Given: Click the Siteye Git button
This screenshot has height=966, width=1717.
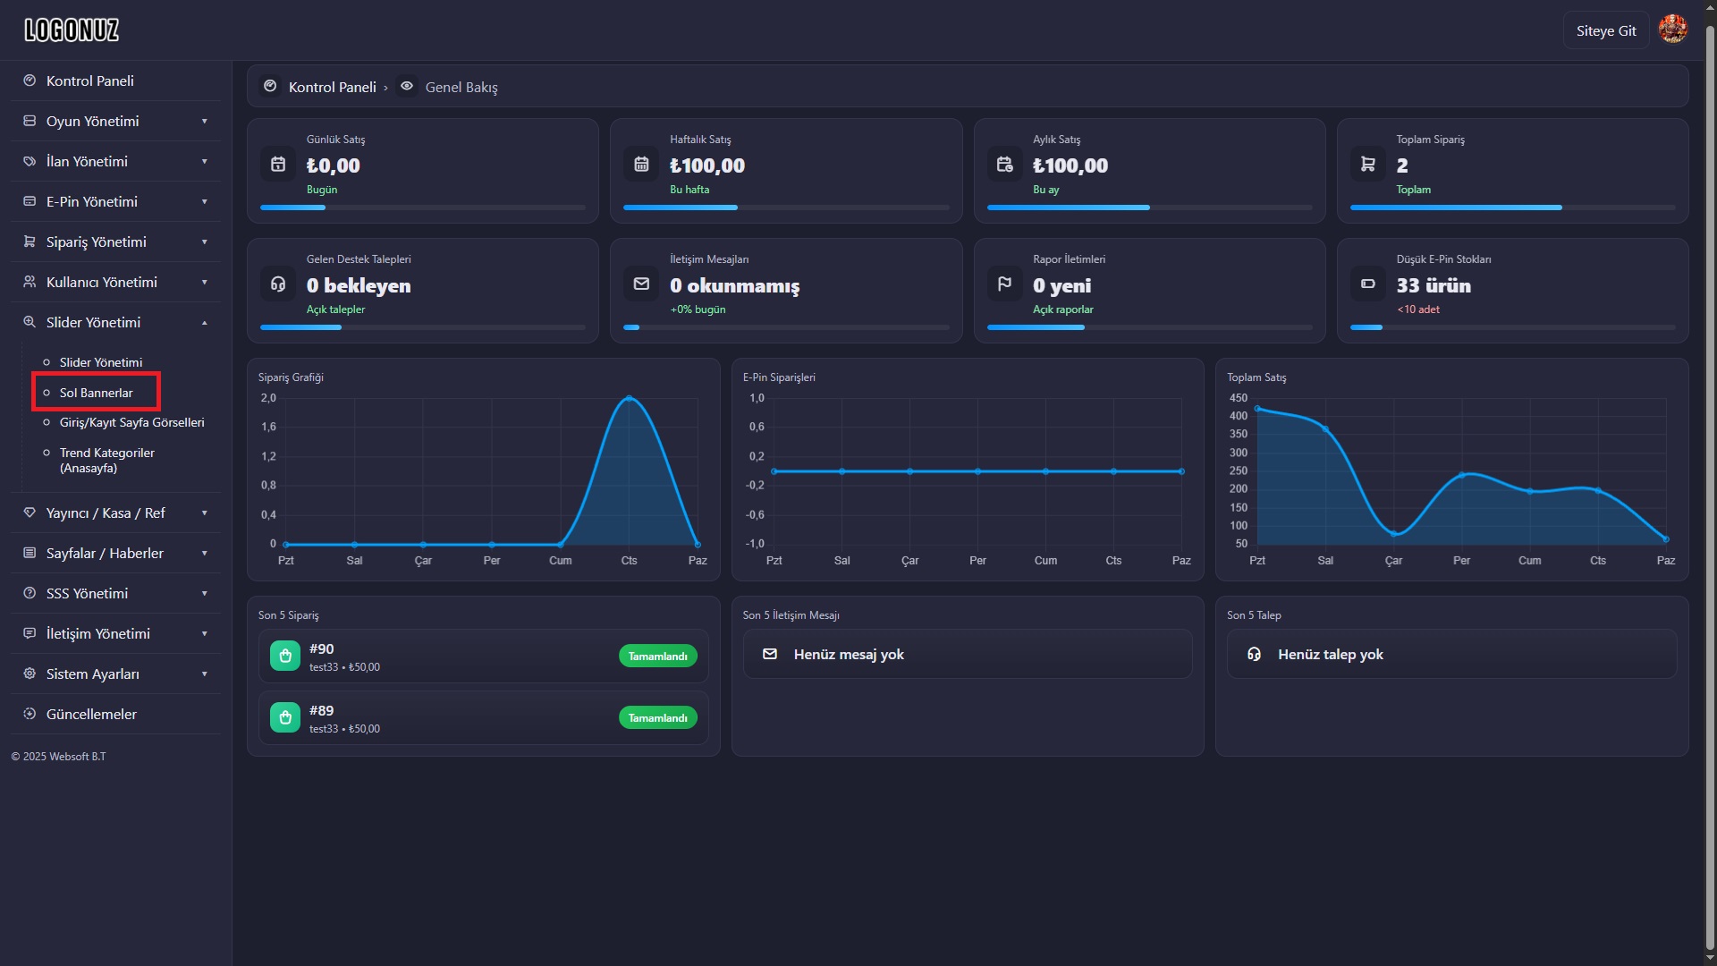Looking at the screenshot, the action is click(1606, 30).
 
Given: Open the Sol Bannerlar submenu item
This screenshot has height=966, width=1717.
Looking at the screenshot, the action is click(96, 393).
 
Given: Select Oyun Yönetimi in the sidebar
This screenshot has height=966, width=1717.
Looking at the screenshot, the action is click(93, 121).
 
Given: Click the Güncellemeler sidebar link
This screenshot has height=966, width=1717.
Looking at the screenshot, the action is click(91, 714).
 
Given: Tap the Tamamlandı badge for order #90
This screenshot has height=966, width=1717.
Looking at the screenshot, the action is click(657, 657).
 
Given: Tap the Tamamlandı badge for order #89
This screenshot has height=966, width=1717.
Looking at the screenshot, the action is click(657, 718).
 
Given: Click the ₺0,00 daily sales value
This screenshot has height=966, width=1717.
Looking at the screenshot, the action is click(334, 165).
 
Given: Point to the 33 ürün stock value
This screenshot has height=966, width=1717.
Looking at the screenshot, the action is click(1434, 285).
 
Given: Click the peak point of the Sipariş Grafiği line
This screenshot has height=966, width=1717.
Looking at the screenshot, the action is click(630, 398).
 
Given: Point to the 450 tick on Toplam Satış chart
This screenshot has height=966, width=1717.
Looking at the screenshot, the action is click(1238, 398).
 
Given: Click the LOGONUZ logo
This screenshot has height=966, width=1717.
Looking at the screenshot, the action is click(72, 30).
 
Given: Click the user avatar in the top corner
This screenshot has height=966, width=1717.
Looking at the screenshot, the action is click(1672, 30).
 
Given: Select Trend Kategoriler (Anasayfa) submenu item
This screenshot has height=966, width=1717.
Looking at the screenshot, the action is click(107, 461).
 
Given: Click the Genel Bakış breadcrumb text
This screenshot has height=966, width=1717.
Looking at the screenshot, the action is click(461, 87).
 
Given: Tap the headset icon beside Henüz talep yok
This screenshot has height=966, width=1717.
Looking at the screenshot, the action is click(1254, 654).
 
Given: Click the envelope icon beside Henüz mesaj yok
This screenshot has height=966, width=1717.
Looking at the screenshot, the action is click(769, 654).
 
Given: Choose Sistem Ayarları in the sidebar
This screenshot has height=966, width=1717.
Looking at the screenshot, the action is click(93, 674).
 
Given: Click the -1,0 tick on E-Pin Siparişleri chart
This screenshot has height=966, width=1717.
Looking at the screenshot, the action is click(756, 544).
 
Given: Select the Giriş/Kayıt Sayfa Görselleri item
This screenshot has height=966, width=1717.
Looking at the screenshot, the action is click(132, 422).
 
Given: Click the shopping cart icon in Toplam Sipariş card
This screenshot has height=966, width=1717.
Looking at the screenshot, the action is click(1367, 164).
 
